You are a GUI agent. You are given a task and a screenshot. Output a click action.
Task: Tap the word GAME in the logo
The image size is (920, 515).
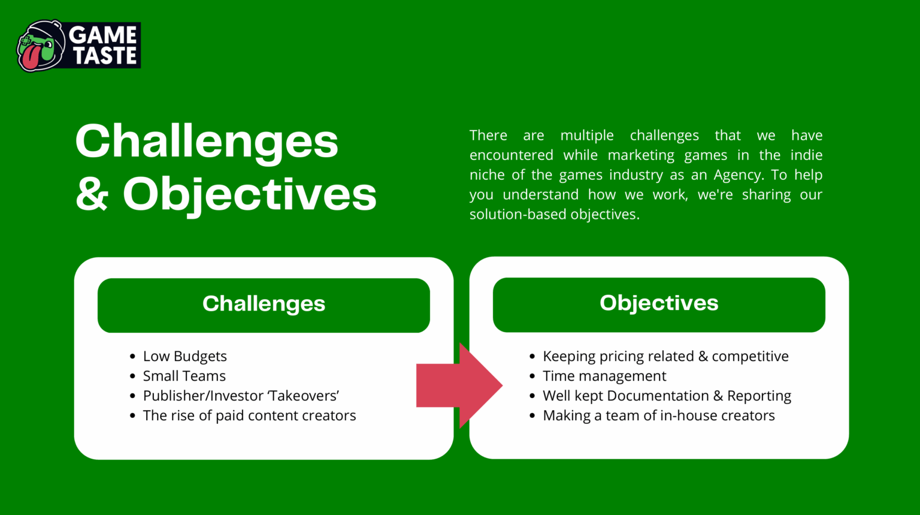pos(102,35)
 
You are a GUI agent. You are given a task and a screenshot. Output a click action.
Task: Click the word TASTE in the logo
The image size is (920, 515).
pos(105,56)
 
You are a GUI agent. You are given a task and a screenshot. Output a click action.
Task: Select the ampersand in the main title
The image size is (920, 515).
pos(92,194)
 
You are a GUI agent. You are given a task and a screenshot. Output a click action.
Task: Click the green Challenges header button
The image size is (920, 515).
pos(264,305)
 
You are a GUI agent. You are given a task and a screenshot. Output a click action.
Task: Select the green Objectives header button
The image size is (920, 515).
pos(659,305)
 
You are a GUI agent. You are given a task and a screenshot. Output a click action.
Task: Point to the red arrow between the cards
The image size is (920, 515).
pos(459,386)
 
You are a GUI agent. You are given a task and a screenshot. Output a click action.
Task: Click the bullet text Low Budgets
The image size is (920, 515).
pos(185,356)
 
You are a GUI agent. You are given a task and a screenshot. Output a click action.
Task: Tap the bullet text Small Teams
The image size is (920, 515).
pos(184,376)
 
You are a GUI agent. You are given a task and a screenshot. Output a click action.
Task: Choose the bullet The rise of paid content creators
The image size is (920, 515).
pos(249,415)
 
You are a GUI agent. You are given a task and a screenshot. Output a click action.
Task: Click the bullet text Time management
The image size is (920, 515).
pos(604,376)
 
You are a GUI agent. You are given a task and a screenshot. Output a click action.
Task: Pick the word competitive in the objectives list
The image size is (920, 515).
pos(750,356)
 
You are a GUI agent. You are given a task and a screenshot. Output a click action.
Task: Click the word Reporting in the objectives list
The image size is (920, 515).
pos(759,396)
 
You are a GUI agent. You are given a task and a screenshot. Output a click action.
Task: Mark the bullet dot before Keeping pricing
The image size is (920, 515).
pos(532,356)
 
